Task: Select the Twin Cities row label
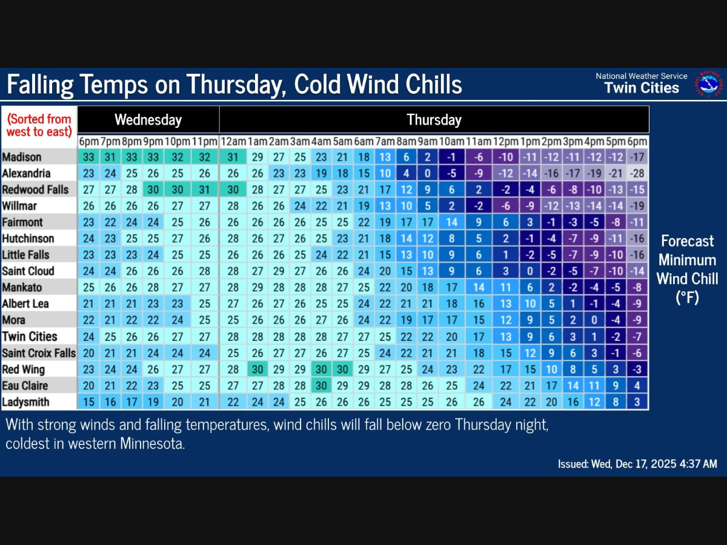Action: click(30, 336)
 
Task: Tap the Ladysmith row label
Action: click(25, 401)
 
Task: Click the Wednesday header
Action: click(148, 119)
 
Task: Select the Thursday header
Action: click(434, 119)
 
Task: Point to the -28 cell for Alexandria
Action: click(637, 173)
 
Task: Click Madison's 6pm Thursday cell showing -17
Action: click(637, 157)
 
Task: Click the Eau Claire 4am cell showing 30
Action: click(322, 385)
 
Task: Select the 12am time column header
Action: click(233, 141)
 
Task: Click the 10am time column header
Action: click(451, 141)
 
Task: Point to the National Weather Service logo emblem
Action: click(708, 84)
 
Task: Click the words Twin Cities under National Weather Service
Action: click(642, 88)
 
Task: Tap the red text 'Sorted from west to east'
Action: click(39, 125)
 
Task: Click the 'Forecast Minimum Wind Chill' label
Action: click(687, 269)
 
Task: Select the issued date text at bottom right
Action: click(637, 464)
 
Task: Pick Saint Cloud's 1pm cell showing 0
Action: click(530, 271)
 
